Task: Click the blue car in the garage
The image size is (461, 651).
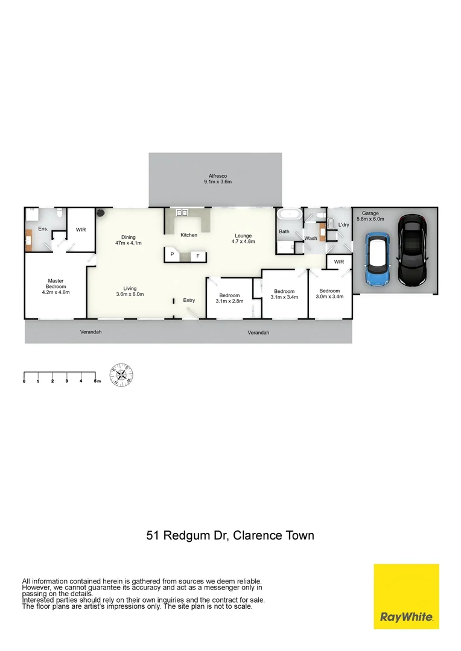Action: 378,260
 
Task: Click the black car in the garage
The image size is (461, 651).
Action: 413,252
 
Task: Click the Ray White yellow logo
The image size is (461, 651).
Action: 406,596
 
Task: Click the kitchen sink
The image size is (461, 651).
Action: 182,213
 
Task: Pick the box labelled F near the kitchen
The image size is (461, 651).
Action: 196,256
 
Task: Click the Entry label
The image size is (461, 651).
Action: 189,300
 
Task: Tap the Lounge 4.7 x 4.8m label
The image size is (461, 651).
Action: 243,239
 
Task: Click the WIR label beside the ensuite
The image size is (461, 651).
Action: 80,230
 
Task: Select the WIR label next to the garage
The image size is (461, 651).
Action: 339,262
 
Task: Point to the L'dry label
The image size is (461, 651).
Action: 343,225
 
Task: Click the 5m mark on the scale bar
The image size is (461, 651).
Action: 95,381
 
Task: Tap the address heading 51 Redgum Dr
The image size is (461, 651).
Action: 230,535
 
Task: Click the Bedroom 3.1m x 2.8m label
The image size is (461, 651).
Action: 229,298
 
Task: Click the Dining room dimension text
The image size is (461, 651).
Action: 128,243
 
